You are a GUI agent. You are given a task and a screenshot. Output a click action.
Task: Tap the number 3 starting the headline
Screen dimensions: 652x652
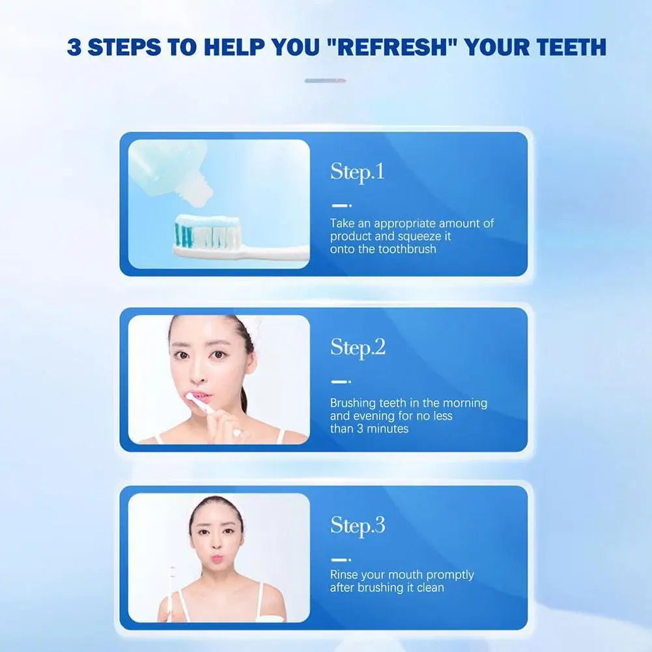click(74, 47)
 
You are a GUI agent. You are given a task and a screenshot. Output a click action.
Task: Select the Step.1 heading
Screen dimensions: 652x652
click(357, 172)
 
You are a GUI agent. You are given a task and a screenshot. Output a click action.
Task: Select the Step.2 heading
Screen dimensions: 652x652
click(358, 347)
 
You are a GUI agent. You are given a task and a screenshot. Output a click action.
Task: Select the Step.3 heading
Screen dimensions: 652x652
click(358, 525)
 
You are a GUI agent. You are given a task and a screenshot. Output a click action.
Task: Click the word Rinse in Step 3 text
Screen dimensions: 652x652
click(345, 574)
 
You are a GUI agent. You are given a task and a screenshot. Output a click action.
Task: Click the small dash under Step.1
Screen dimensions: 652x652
click(341, 205)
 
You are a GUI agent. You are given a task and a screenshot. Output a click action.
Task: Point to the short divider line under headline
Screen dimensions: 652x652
click(325, 81)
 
